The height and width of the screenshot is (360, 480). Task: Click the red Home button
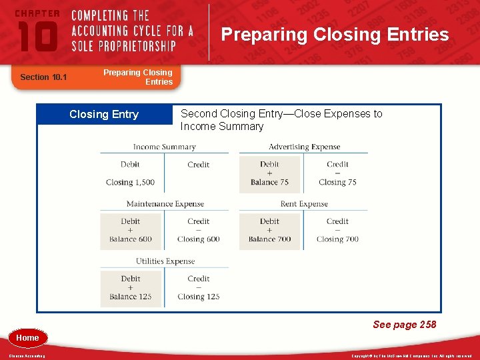pos(27,338)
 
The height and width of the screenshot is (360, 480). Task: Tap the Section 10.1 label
pos(43,77)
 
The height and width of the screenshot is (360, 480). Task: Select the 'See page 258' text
pos(404,325)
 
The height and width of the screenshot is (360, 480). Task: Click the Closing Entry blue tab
pos(104,115)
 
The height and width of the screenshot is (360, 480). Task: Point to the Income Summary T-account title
pos(164,147)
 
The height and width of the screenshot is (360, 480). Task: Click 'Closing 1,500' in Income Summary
pos(130,182)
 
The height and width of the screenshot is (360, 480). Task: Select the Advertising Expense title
pos(304,147)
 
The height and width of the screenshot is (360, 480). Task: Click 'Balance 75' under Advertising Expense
pos(269,182)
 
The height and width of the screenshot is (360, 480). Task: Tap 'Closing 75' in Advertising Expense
pos(337,182)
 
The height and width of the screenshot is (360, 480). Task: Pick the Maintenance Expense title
pos(165,204)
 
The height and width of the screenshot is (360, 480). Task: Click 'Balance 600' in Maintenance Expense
pos(131,239)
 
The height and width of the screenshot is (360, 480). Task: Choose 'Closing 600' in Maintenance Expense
pos(198,239)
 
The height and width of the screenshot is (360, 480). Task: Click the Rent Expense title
pos(304,204)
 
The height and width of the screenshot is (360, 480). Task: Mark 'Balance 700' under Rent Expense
pos(269,239)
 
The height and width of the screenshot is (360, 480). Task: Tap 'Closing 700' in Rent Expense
pos(337,239)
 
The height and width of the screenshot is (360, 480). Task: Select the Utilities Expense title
pos(164,261)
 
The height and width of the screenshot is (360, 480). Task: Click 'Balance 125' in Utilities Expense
pos(131,297)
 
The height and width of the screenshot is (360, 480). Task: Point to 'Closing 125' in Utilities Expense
pos(198,297)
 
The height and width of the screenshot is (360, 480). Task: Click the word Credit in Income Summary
pos(198,165)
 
